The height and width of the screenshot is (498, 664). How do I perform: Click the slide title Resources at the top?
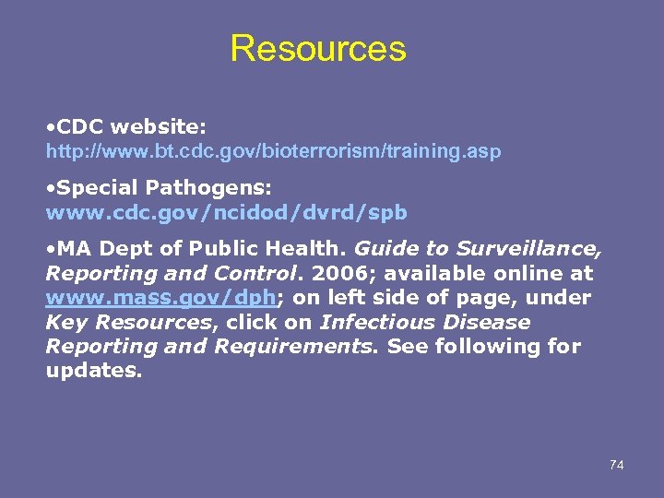click(317, 49)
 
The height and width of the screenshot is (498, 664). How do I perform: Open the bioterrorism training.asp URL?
click(274, 151)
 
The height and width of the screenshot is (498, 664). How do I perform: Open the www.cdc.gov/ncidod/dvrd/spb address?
click(226, 212)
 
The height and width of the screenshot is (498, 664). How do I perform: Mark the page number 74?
click(616, 465)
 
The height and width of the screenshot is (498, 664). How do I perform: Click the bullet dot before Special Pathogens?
click(51, 187)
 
